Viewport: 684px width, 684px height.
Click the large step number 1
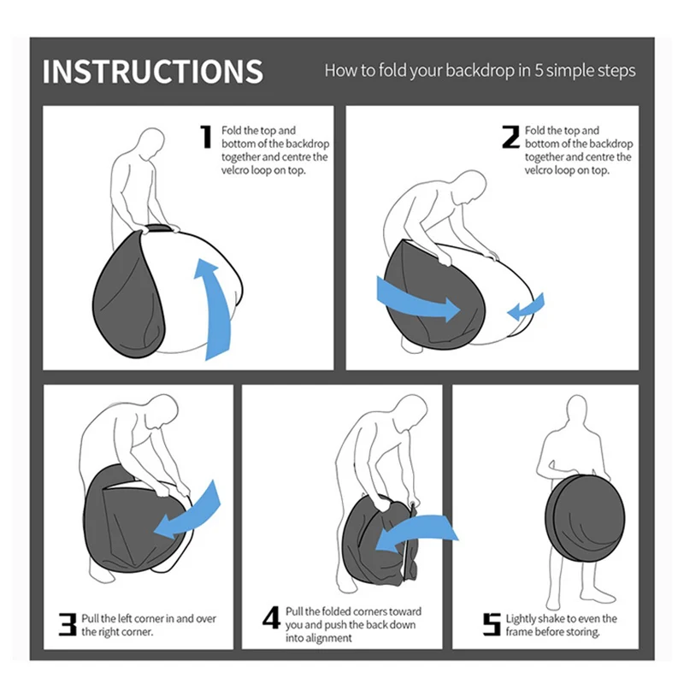pyautogui.click(x=206, y=138)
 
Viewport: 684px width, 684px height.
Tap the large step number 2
pyautogui.click(x=510, y=138)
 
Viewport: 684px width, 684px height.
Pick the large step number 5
pyautogui.click(x=491, y=624)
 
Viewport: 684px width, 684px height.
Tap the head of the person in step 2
pyautogui.click(x=467, y=186)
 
